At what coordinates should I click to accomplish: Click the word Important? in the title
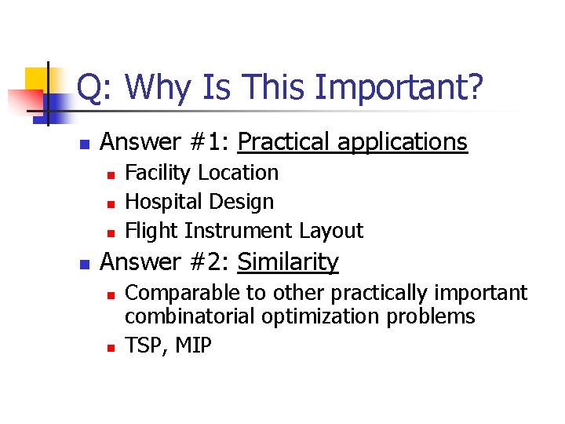(398, 88)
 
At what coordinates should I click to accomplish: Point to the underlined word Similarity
(288, 261)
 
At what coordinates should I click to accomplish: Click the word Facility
(159, 173)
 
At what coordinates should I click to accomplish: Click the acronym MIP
(192, 345)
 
